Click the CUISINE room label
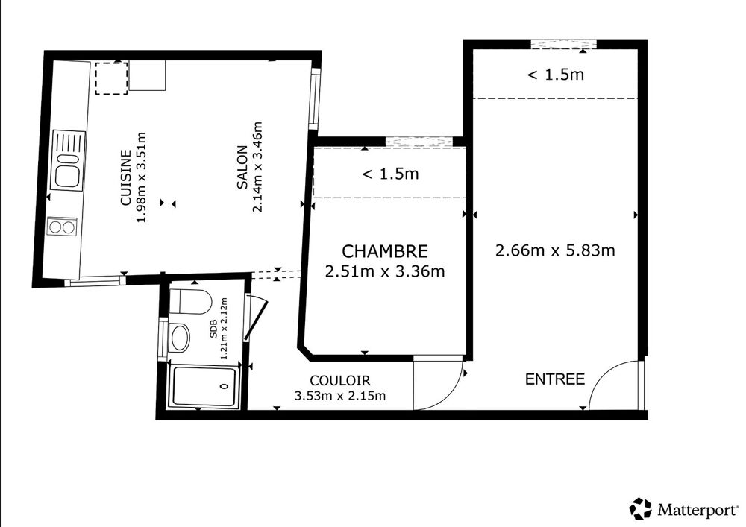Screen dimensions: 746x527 (x=125, y=177)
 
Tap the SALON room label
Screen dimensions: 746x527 (x=242, y=167)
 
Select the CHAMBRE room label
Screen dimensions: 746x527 (x=385, y=251)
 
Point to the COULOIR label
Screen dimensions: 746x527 (x=339, y=380)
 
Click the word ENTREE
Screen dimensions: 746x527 (x=555, y=379)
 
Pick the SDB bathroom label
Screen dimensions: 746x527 (x=213, y=329)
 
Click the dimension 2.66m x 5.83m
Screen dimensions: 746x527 (x=555, y=250)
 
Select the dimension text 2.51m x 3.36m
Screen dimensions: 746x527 (x=385, y=271)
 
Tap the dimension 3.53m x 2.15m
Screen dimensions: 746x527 (x=339, y=395)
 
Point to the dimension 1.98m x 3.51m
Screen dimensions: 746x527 (x=141, y=177)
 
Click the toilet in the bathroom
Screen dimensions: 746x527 (x=190, y=301)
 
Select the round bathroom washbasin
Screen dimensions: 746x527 (x=179, y=338)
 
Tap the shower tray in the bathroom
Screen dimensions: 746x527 (x=204, y=386)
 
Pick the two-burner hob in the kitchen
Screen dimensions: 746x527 (x=62, y=227)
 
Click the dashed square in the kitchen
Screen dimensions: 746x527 (x=111, y=78)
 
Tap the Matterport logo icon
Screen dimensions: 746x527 (x=640, y=509)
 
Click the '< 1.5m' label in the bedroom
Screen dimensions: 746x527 (x=391, y=174)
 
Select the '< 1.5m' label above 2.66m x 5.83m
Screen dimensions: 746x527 (x=556, y=75)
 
